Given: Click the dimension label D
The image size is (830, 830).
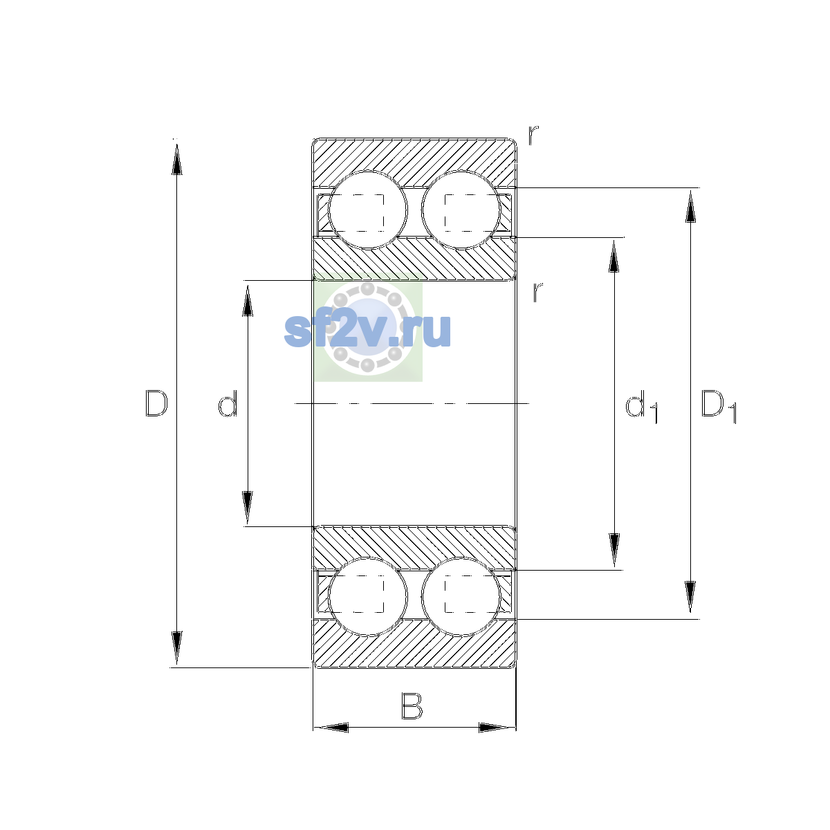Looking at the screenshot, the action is click(x=156, y=403).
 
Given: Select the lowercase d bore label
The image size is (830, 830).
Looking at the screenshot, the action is click(x=228, y=403).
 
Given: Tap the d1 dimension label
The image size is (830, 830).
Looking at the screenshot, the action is click(x=641, y=406).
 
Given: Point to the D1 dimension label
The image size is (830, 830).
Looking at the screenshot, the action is click(x=719, y=406).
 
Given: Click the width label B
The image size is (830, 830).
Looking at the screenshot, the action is click(x=412, y=705).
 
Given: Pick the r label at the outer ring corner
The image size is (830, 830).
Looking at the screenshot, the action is click(x=533, y=135).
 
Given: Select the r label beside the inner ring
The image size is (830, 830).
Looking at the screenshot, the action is click(x=537, y=292).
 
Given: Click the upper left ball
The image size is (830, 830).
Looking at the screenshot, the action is click(x=367, y=210).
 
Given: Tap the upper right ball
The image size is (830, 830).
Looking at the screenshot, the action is click(x=461, y=210).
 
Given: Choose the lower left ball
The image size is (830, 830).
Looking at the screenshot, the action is click(x=367, y=596).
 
